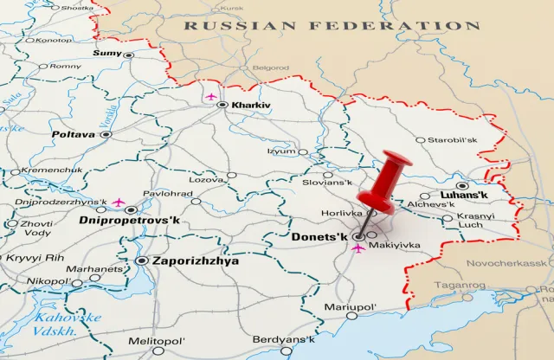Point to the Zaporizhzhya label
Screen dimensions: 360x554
[195, 260]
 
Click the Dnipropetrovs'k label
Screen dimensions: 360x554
[129, 221]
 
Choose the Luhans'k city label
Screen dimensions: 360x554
[464, 196]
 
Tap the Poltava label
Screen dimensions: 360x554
[74, 135]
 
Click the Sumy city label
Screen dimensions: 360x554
[106, 54]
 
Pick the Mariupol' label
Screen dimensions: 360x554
[351, 307]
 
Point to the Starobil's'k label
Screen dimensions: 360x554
[453, 139]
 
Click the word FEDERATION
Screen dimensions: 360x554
[417, 26]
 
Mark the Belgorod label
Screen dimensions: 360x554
[271, 67]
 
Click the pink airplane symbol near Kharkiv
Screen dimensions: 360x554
[209, 97]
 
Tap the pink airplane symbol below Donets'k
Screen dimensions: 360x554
[358, 248]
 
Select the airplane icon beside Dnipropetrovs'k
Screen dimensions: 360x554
[119, 203]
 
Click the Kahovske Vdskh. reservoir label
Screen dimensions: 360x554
[68, 325]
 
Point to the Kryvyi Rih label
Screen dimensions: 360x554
[36, 258]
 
